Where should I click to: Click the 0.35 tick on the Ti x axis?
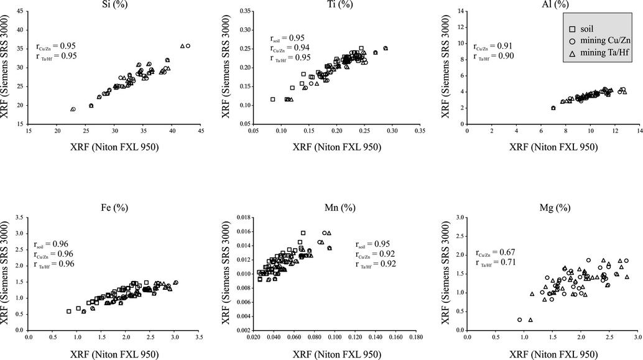pyautogui.click(x=420, y=131)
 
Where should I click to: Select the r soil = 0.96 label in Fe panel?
pyautogui.click(x=53, y=244)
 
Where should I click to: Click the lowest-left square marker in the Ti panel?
pyautogui.click(x=272, y=99)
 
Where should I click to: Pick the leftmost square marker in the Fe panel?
pyautogui.click(x=69, y=311)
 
